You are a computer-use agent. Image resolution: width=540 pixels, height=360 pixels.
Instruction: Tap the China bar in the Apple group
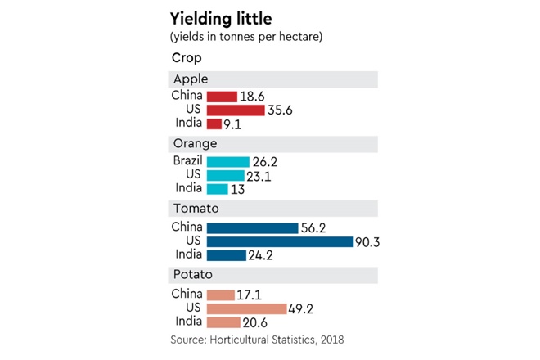[x=222, y=97]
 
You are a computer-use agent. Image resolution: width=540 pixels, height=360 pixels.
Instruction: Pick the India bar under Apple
[x=214, y=124]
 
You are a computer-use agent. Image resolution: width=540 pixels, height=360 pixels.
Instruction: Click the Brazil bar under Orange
[x=228, y=161]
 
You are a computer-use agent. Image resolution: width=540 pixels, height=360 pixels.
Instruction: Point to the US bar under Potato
[x=246, y=308]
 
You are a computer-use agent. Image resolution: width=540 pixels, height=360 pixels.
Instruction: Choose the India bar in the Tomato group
[x=227, y=254]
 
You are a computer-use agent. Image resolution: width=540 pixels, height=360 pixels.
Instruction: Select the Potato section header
[x=190, y=274]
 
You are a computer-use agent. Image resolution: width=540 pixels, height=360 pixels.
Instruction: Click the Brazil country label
[x=187, y=161]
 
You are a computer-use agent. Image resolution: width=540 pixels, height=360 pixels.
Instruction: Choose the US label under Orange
[x=194, y=175]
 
